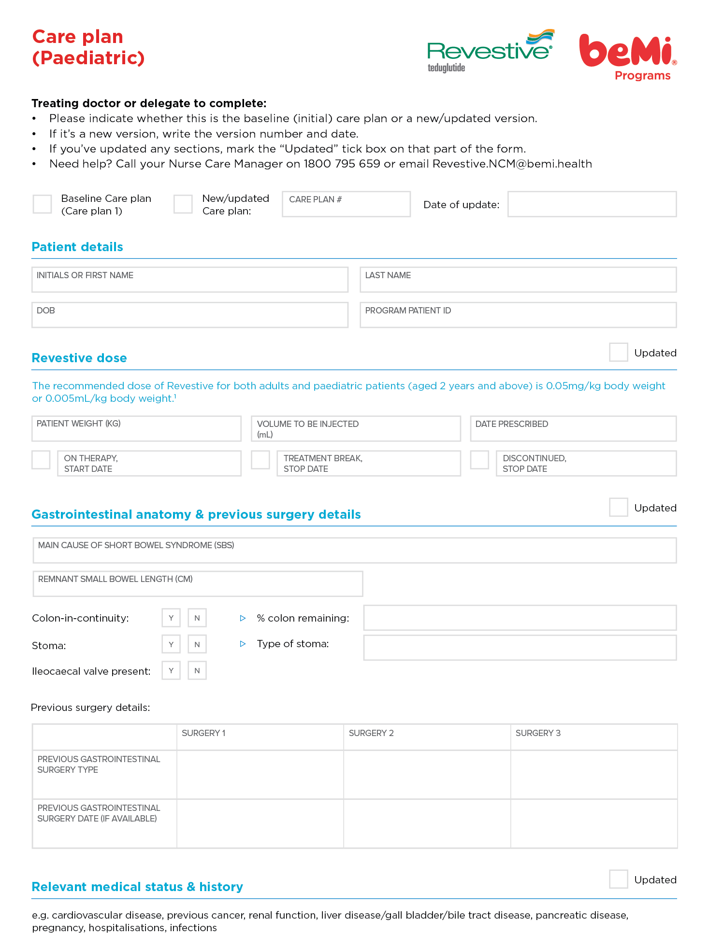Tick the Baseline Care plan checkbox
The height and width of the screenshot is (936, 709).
click(43, 204)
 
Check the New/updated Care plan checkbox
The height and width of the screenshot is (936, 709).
click(183, 204)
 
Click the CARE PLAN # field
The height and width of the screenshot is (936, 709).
click(346, 204)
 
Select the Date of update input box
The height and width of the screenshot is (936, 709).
click(592, 204)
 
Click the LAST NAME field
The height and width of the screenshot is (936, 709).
click(518, 280)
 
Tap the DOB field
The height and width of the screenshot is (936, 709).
click(189, 315)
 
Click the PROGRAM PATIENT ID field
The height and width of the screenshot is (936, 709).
click(518, 315)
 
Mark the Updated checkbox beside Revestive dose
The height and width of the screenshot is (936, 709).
click(618, 353)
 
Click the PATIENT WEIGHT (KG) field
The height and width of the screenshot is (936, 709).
click(136, 429)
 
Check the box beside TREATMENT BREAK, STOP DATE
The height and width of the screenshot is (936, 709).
click(260, 460)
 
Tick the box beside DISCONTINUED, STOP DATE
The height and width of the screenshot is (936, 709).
click(479, 460)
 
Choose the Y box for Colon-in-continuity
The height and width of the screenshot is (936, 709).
click(171, 618)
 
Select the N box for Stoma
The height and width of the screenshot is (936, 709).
click(197, 644)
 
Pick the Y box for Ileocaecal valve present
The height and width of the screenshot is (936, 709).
click(171, 670)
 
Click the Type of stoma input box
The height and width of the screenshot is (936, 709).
click(520, 648)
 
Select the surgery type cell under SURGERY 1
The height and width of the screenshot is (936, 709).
click(260, 775)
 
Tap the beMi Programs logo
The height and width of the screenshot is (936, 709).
click(628, 56)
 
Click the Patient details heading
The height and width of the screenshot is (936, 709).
click(77, 247)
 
